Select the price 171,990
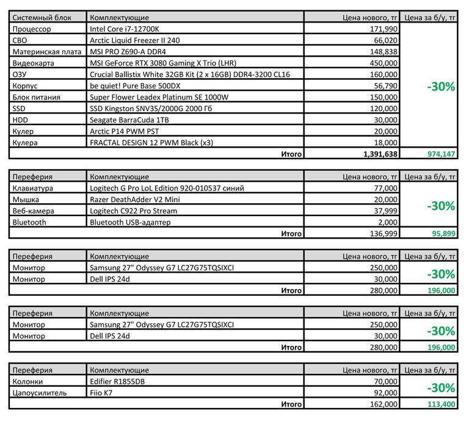[x=384, y=29]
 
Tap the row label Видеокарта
[x=33, y=63]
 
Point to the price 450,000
[x=384, y=63]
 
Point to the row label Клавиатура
[x=33, y=188]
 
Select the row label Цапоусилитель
[x=40, y=392]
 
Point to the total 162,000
[x=384, y=404]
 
